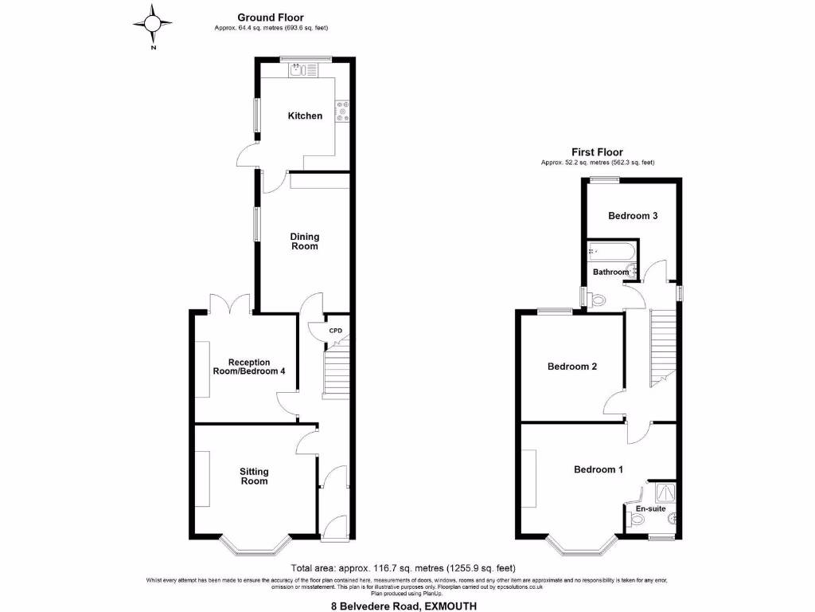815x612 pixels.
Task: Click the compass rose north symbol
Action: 151,23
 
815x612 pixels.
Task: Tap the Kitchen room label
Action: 305,116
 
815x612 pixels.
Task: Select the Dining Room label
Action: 304,241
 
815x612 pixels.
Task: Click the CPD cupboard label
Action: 336,331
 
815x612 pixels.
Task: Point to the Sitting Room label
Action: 254,476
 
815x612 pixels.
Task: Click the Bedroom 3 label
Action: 632,216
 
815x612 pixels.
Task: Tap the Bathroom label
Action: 610,273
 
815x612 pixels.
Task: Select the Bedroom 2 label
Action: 571,367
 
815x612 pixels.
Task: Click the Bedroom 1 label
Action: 598,469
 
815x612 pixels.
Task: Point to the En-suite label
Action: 649,508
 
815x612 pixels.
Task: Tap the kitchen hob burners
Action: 344,111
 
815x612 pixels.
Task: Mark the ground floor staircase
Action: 335,370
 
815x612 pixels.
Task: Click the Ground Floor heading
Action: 271,18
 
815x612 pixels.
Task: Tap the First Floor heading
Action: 597,152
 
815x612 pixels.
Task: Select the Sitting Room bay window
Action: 253,545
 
